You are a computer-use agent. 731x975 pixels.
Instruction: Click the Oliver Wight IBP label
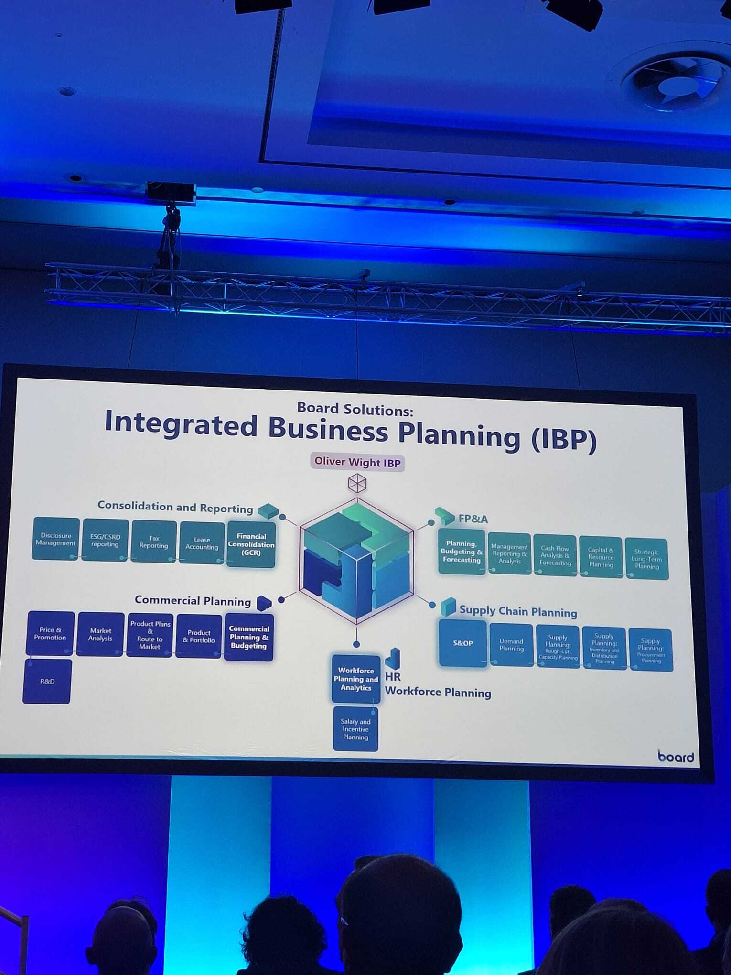pos(357,462)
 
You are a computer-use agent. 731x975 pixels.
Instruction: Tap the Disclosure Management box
pos(55,539)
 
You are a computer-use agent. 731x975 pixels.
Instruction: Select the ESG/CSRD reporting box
pos(105,541)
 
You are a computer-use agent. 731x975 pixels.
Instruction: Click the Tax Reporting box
pos(153,542)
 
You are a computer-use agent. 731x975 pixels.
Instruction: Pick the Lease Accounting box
pos(202,543)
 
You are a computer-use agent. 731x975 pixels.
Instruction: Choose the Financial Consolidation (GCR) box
pos(251,544)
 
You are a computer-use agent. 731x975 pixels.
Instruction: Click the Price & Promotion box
pos(50,633)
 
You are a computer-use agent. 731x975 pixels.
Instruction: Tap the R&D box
pos(47,682)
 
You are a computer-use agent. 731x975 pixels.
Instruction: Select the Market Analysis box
pos(100,635)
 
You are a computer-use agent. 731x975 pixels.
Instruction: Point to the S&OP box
pos(462,643)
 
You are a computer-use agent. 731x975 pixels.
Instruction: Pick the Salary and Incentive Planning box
pos(355,729)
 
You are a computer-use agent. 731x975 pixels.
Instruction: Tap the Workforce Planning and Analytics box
pos(356,679)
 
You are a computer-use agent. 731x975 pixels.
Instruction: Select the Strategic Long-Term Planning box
pos(646,559)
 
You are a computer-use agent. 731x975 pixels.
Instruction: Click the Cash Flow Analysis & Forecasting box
pos(555,556)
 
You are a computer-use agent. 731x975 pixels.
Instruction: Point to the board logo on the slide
pos(676,757)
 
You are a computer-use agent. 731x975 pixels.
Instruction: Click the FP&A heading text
pos(473,519)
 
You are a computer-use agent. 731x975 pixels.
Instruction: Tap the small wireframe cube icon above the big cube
pos(357,483)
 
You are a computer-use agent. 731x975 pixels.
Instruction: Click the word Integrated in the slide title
pos(181,424)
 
